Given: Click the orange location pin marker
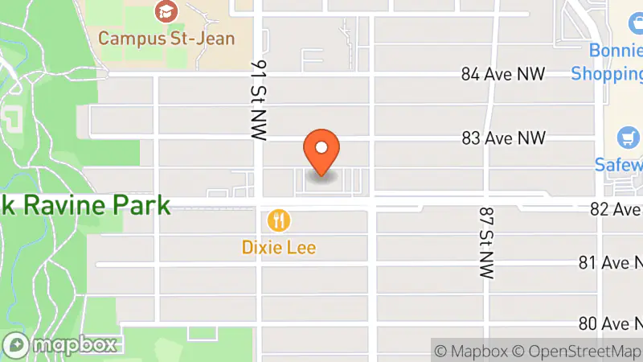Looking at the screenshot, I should point(321,150).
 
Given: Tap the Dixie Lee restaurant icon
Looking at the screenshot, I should point(279,220).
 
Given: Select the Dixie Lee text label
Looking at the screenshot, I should point(279,247).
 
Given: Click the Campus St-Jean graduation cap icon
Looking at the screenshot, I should point(166,12).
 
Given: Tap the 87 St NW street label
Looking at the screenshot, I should point(485,242).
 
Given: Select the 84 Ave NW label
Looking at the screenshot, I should point(503,74).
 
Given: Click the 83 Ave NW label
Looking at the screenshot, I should point(503,138).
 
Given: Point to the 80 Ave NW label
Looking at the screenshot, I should point(609,323).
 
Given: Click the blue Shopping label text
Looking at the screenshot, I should point(607,74).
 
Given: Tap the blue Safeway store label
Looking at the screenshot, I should point(619,165).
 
